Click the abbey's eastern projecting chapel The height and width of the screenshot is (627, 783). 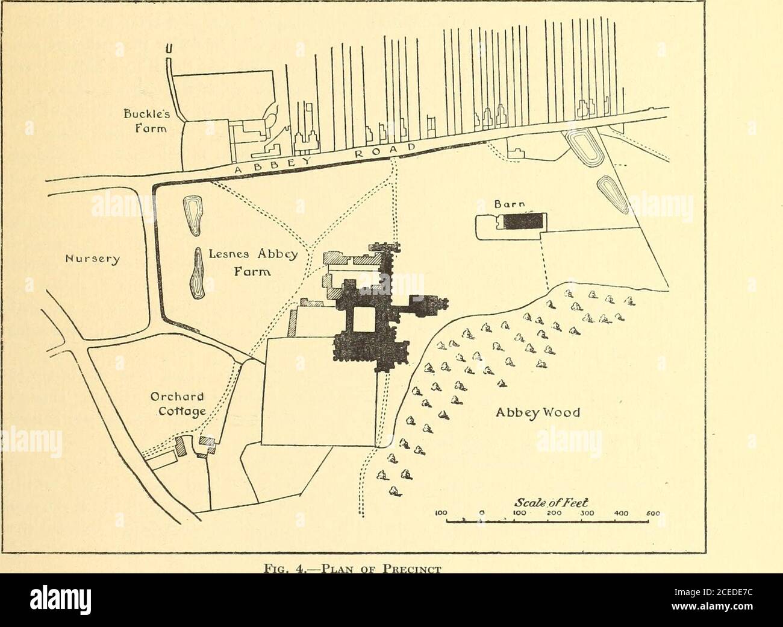click(x=429, y=304)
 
